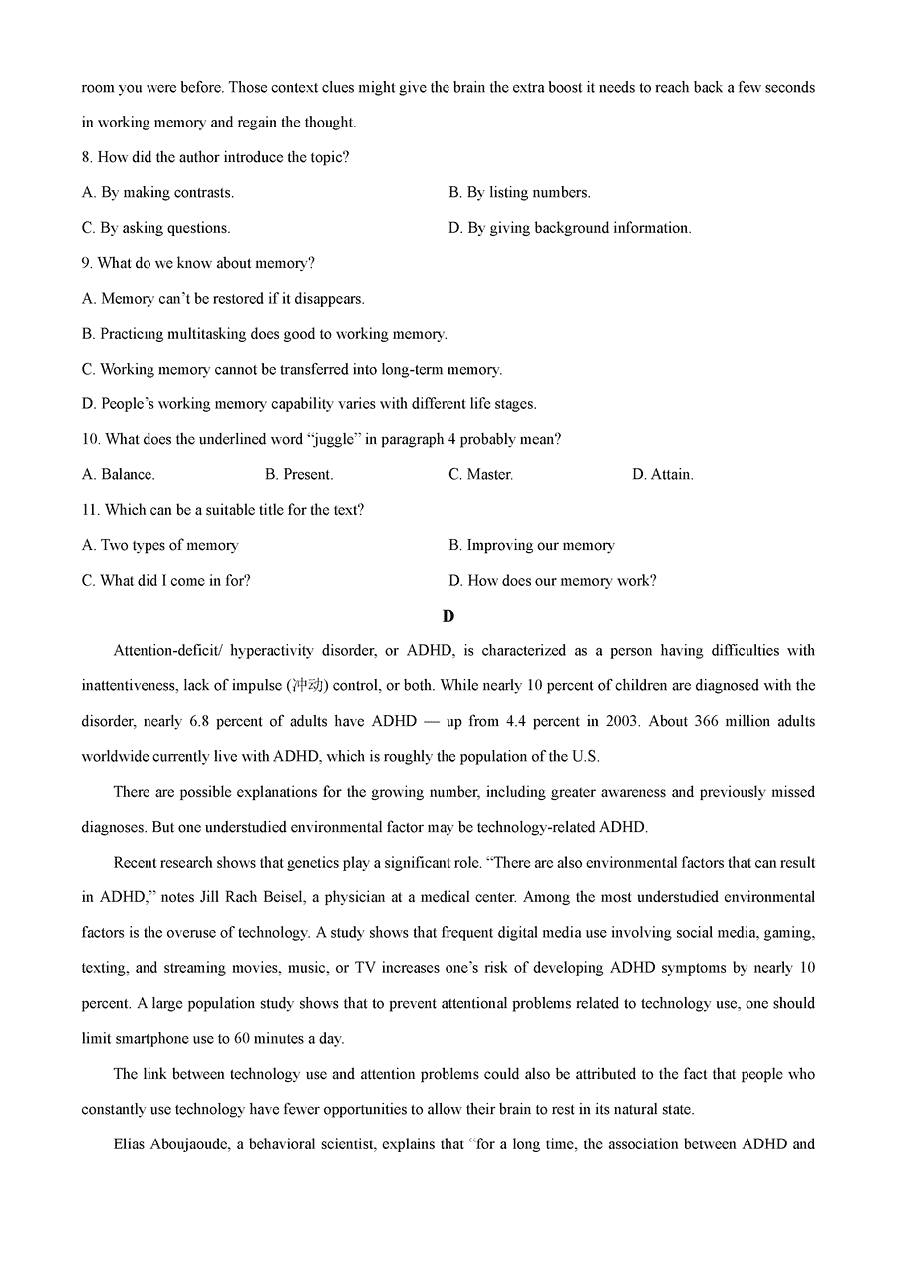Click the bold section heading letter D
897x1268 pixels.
point(448,616)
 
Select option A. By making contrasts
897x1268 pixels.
point(157,192)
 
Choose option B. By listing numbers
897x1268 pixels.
point(519,192)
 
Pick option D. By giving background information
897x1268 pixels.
point(569,228)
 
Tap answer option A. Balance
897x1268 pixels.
point(118,474)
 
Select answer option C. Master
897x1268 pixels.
point(480,474)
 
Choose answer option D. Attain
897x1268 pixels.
point(662,474)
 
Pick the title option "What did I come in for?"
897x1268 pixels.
point(165,580)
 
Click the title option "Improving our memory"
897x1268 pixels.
point(531,545)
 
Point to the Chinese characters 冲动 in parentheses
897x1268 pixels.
point(303,686)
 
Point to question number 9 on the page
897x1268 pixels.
point(87,263)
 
